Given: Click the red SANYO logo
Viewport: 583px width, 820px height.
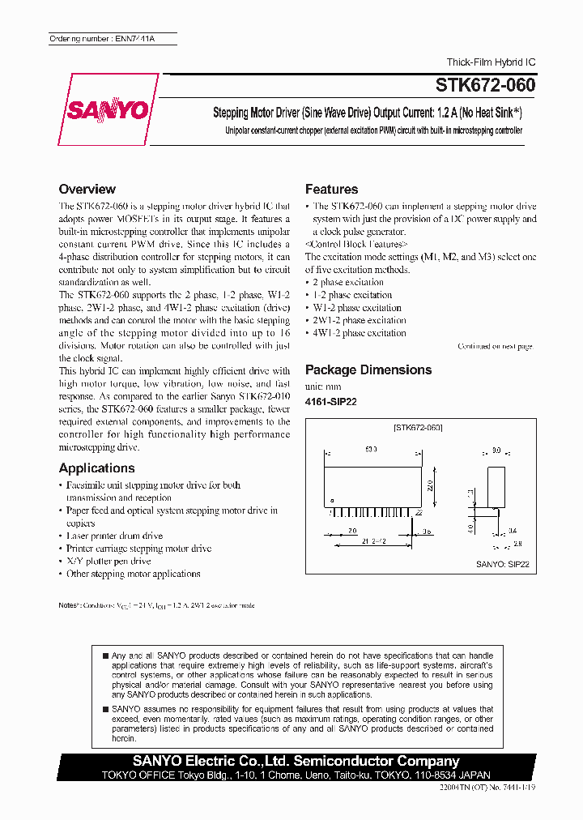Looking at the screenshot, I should pyautogui.click(x=109, y=110).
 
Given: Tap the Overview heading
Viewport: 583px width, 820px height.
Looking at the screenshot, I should pyautogui.click(x=87, y=189).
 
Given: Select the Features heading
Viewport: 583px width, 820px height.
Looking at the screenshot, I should pyautogui.click(x=331, y=189).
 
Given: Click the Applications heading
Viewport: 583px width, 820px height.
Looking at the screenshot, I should pyautogui.click(x=96, y=468).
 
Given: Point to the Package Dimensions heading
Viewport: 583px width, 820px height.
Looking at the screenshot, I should pyautogui.click(x=368, y=369).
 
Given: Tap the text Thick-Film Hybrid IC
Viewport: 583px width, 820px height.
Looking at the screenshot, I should pyautogui.click(x=492, y=62).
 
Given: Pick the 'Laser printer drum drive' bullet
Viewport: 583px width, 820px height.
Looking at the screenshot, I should pyautogui.click(x=114, y=536).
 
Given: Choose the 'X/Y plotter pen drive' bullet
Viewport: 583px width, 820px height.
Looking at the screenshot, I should pyautogui.click(x=109, y=561).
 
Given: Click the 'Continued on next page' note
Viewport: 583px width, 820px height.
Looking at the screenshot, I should pyautogui.click(x=495, y=346).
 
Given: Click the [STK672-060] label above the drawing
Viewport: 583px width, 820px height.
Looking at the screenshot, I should pyautogui.click(x=418, y=426).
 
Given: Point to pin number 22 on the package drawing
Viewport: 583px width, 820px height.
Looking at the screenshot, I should pyautogui.click(x=418, y=513).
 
